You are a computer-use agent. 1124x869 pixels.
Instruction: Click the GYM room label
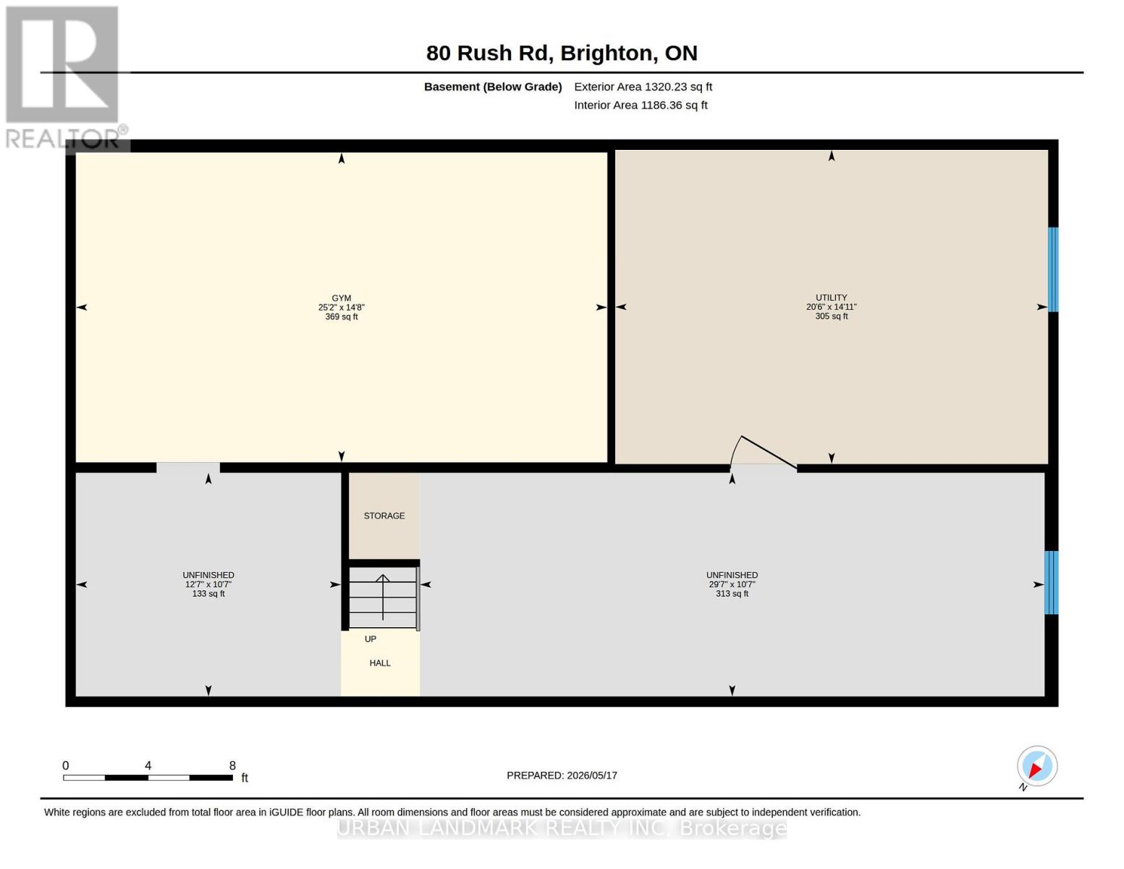pyautogui.click(x=341, y=298)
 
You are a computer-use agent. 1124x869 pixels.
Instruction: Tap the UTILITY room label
pyautogui.click(x=831, y=298)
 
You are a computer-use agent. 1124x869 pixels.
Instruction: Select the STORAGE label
pyautogui.click(x=384, y=516)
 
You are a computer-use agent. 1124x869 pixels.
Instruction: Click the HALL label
pyautogui.click(x=380, y=663)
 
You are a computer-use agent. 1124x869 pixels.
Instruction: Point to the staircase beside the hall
pyautogui.click(x=384, y=597)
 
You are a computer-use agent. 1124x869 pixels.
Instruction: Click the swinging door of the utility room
pyautogui.click(x=763, y=453)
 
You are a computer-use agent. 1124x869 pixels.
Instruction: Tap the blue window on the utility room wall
pyautogui.click(x=1052, y=269)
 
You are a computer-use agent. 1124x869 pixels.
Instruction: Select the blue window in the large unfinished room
pyautogui.click(x=1051, y=583)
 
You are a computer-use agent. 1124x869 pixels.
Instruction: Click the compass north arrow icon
pyautogui.click(x=1036, y=766)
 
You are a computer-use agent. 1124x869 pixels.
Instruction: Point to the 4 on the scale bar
pyautogui.click(x=148, y=765)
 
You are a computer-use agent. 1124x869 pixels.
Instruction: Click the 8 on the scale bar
pyautogui.click(x=232, y=765)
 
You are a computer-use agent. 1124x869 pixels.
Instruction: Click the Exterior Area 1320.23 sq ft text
pyautogui.click(x=643, y=87)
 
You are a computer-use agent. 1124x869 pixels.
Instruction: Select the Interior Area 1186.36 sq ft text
pyautogui.click(x=641, y=105)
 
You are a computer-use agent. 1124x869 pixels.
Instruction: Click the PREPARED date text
pyautogui.click(x=562, y=776)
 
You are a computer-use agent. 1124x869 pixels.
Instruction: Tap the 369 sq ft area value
pyautogui.click(x=341, y=316)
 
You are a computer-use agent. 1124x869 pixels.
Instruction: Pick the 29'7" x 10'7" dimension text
pyautogui.click(x=732, y=584)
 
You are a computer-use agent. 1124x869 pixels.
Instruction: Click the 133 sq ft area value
pyautogui.click(x=208, y=594)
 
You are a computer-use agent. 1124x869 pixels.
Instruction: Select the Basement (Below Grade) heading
pyautogui.click(x=492, y=87)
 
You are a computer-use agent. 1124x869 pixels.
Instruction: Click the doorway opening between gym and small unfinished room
pyautogui.click(x=187, y=467)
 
